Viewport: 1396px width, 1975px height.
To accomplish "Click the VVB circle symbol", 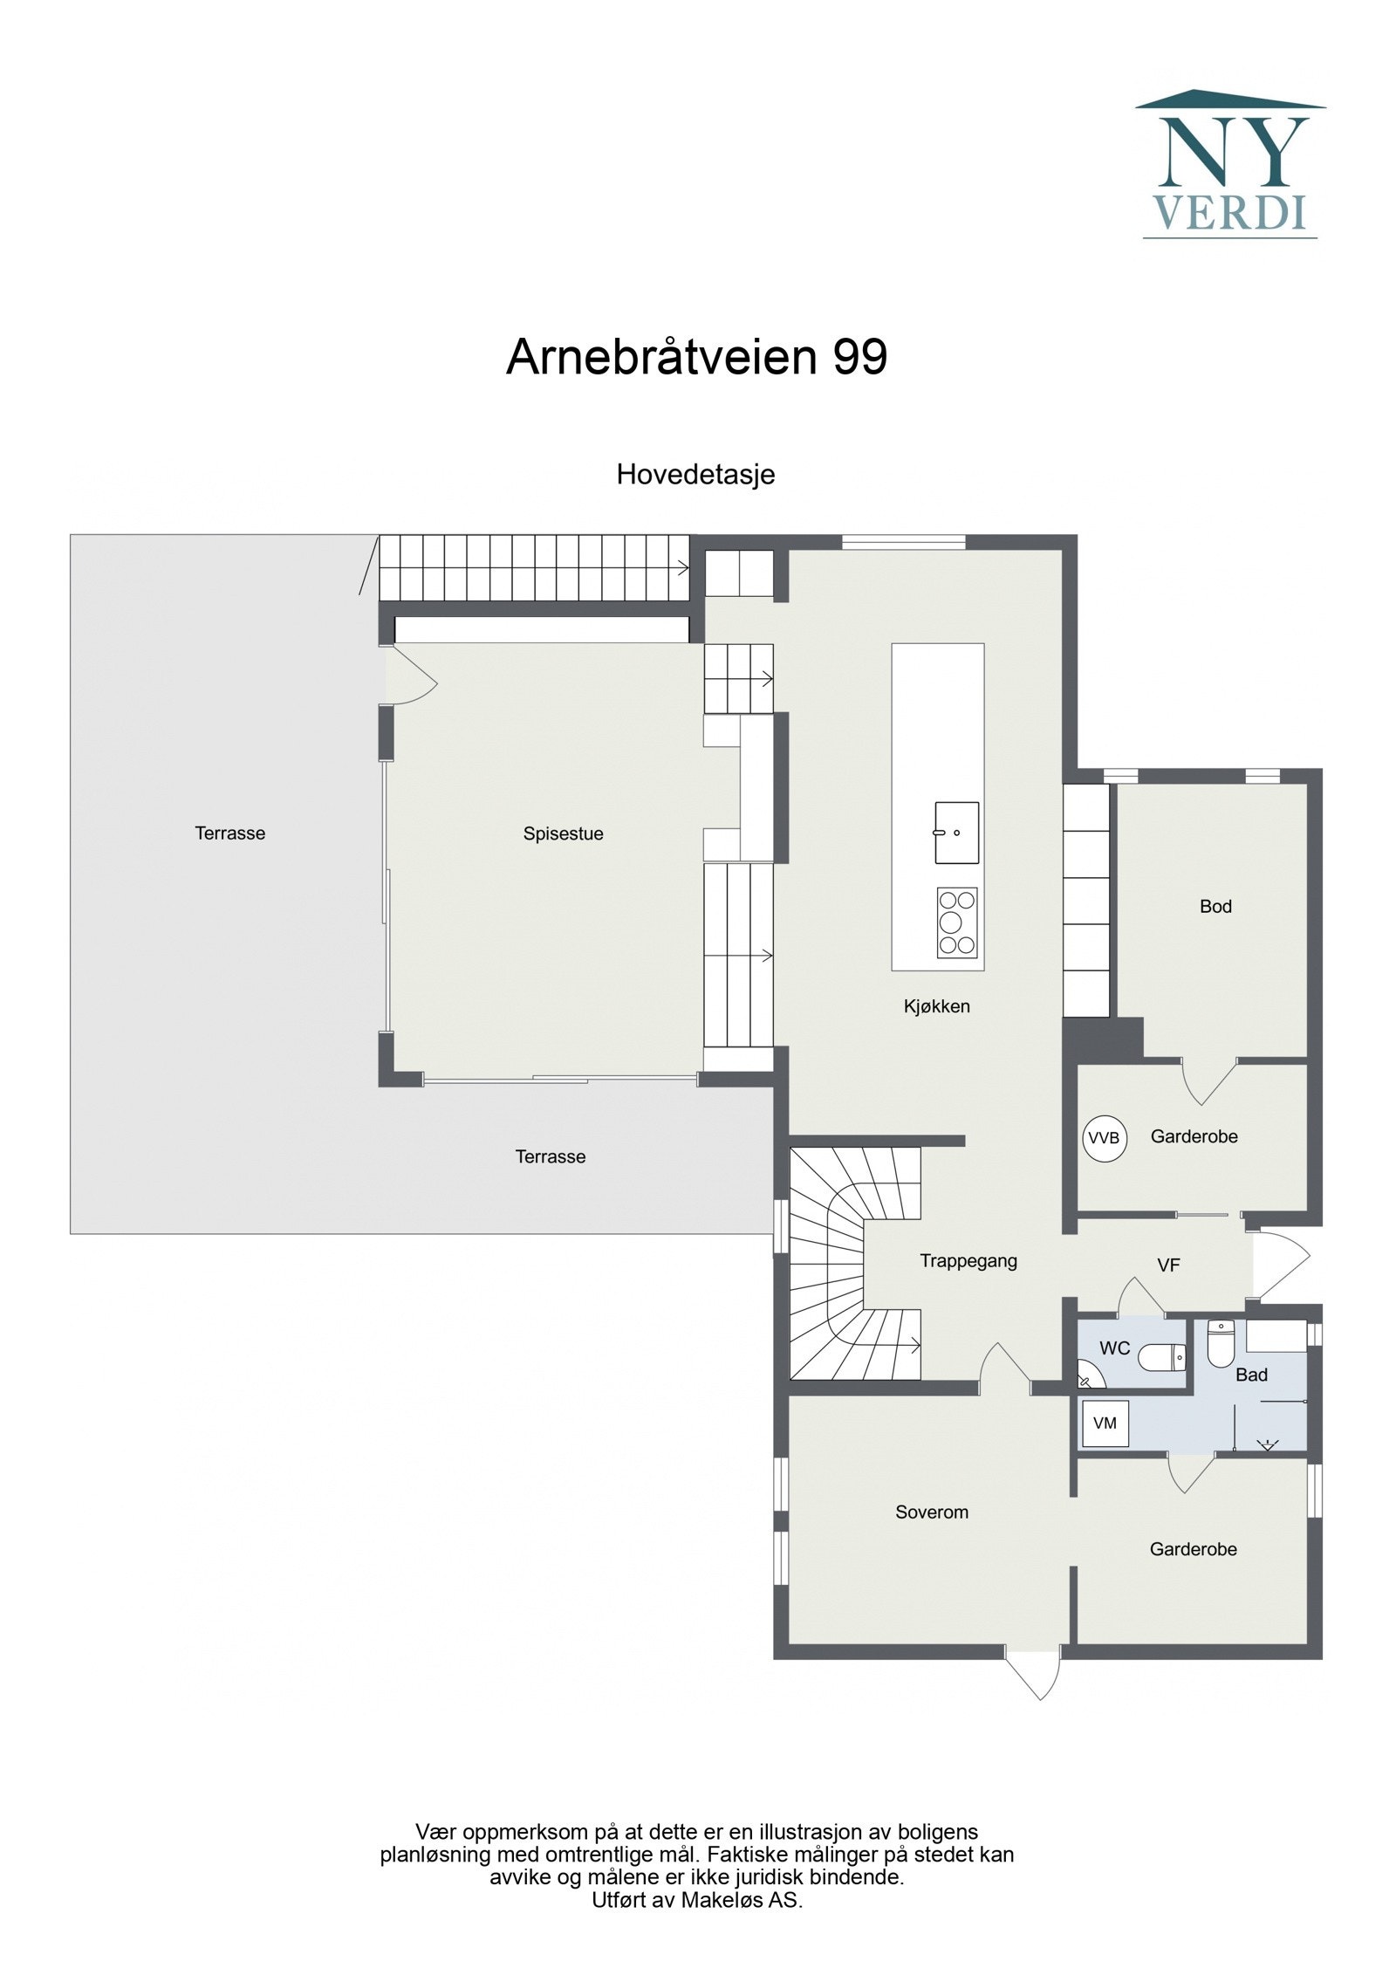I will coord(1104,1138).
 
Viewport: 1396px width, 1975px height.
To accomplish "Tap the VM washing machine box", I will coord(1104,1423).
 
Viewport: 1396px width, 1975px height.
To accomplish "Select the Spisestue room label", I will coord(563,833).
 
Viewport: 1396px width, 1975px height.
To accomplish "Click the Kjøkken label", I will coord(936,1006).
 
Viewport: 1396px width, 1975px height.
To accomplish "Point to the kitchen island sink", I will coord(956,833).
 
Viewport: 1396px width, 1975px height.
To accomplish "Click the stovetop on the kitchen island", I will coord(956,922).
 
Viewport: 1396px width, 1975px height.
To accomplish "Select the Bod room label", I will coord(1215,906).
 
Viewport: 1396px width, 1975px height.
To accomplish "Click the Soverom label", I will coord(931,1512).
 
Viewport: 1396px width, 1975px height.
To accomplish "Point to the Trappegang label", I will coord(968,1261).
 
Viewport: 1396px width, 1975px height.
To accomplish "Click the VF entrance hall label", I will coord(1168,1265).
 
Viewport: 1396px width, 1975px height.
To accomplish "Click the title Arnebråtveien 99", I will coord(696,357).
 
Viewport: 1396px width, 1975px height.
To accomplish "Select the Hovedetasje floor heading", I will coord(695,475).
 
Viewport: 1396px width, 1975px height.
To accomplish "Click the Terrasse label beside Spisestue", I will coord(229,833).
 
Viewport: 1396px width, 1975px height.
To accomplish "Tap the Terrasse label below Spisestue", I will coord(550,1156).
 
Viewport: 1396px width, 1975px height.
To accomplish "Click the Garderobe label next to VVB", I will coord(1194,1136).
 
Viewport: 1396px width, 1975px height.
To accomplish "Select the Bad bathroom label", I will coord(1250,1375).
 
